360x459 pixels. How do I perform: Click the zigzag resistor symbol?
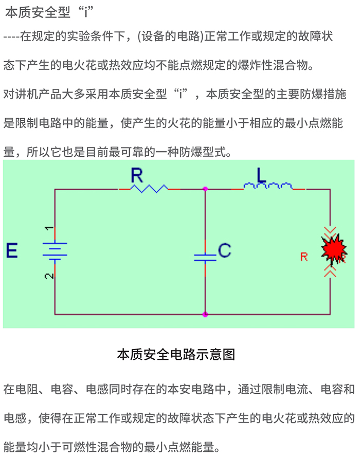coord(149,189)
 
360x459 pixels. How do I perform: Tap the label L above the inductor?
coord(262,175)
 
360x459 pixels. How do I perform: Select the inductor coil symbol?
coord(268,187)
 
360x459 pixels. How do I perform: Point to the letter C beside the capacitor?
coord(224,251)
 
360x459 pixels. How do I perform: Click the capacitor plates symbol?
coord(205,257)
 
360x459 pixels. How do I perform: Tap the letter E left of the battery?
coord(12,251)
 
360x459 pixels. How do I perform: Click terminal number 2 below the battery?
coord(48,276)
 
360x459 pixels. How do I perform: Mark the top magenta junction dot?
coord(205,189)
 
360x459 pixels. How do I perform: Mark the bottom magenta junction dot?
coord(205,314)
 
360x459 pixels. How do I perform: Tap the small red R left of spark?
coord(304,257)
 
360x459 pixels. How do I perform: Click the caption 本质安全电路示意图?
coord(176,355)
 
